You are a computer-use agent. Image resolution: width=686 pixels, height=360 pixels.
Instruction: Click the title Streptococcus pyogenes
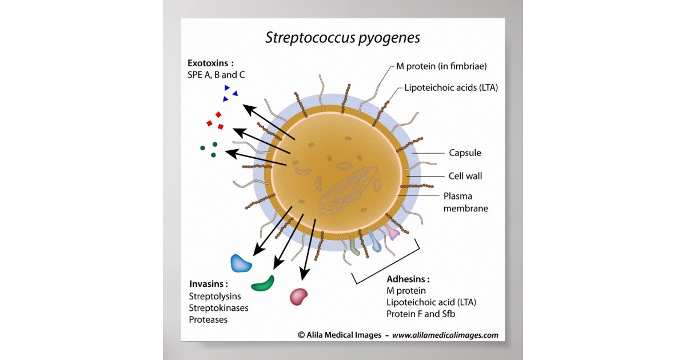(x=342, y=38)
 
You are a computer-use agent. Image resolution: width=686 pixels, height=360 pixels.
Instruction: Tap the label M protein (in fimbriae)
(x=441, y=66)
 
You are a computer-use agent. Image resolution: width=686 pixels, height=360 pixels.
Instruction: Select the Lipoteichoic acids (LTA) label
(x=451, y=88)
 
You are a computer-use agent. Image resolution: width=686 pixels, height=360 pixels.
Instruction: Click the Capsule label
(x=465, y=153)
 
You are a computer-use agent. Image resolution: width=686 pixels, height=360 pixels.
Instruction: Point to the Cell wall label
(x=465, y=176)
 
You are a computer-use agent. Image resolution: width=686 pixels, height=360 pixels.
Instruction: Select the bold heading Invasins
(x=208, y=283)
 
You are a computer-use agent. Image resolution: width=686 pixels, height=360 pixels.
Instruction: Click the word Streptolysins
(x=215, y=296)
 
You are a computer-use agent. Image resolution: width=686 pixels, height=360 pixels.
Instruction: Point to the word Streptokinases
(x=218, y=308)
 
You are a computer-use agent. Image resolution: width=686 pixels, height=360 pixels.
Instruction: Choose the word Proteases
(x=208, y=320)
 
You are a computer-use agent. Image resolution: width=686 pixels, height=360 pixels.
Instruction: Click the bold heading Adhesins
(x=408, y=279)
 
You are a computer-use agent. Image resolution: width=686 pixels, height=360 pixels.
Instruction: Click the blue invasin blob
(x=241, y=262)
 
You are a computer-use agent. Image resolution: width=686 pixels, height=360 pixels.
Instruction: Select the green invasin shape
(x=263, y=283)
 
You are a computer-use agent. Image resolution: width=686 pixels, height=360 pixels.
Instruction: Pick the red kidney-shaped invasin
(x=298, y=296)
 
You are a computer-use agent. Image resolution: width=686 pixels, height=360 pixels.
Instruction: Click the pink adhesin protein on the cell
(x=392, y=232)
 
